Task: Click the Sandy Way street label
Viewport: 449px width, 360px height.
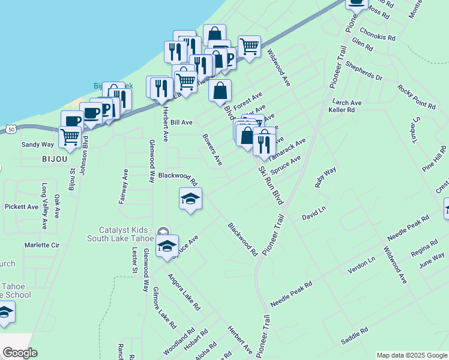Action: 38,145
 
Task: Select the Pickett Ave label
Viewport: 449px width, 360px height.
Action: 22,206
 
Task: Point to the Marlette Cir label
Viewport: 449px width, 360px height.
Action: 42,245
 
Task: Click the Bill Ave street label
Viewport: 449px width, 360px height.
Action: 181,122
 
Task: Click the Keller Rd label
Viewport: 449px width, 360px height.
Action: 342,110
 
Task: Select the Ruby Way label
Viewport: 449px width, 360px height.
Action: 326,178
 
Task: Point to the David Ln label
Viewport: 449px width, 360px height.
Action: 313,212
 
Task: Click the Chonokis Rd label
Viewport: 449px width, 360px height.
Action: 378,34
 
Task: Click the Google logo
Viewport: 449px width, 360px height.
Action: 20,353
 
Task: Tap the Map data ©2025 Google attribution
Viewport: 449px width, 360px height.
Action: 412,355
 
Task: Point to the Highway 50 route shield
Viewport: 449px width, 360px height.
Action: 10,128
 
